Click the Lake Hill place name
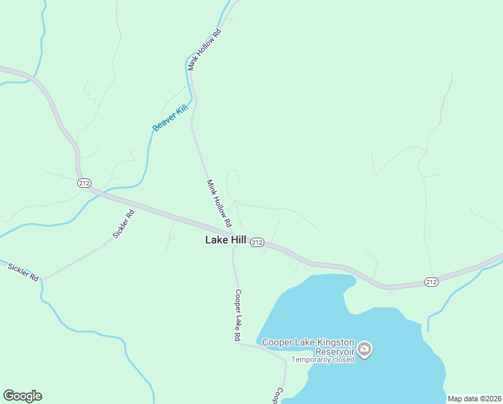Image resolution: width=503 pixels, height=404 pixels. [225, 240]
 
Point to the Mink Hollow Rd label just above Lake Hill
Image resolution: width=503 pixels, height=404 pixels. [219, 203]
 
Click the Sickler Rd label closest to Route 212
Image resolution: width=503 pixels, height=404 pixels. [124, 224]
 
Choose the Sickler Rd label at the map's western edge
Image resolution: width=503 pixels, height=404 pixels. [24, 271]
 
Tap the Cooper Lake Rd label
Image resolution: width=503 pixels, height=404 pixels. [237, 316]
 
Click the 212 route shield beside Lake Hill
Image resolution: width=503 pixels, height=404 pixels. [257, 242]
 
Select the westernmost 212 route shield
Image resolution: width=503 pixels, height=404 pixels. [84, 183]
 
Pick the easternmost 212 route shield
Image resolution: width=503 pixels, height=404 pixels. [431, 281]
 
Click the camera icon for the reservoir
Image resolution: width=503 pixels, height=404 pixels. [365, 348]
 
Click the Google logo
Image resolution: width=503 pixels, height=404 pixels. [22, 396]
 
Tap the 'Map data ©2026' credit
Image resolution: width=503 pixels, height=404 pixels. [474, 399]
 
